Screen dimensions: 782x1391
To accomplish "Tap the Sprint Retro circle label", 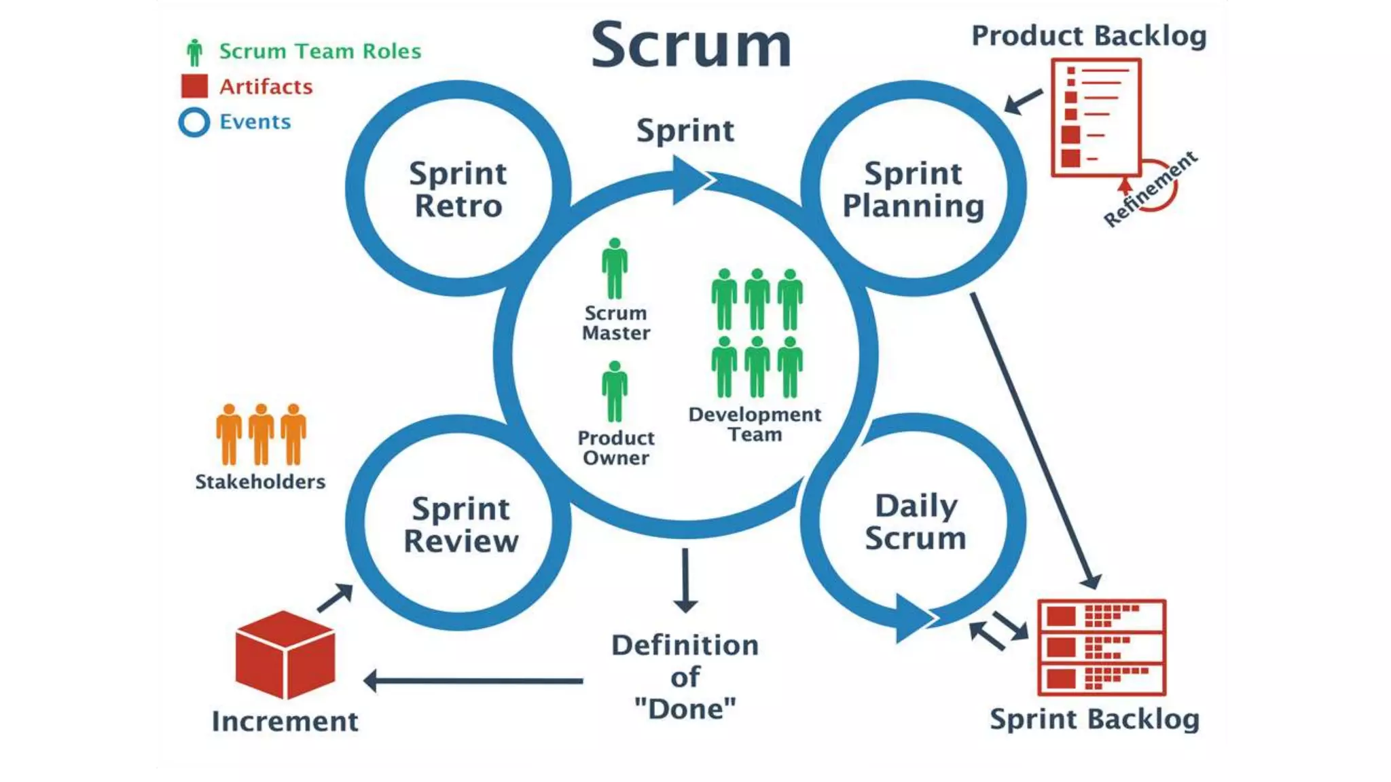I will [x=458, y=189].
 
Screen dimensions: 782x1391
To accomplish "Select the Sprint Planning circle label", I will [x=913, y=189].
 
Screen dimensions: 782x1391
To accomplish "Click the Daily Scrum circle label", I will [x=916, y=522].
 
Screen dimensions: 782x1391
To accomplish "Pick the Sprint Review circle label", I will [x=460, y=525].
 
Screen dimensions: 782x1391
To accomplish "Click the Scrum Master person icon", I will [x=615, y=269].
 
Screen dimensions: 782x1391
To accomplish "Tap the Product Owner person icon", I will [x=615, y=392].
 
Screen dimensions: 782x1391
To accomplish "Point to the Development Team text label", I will [x=755, y=424].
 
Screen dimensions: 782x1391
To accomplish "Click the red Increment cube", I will [x=285, y=654].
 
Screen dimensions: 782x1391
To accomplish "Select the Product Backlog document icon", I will [x=1096, y=117].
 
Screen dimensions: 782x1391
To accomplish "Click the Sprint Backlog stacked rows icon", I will [x=1102, y=648].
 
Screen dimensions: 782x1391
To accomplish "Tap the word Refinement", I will [x=1150, y=189].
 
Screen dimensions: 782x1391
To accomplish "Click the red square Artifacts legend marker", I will [x=194, y=86].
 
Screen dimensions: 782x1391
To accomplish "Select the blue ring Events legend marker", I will [x=194, y=122].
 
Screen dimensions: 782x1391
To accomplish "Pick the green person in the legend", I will [x=195, y=52].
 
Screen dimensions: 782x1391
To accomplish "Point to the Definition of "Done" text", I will [x=685, y=677].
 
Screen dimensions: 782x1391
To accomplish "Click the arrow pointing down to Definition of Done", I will [x=685, y=580].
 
